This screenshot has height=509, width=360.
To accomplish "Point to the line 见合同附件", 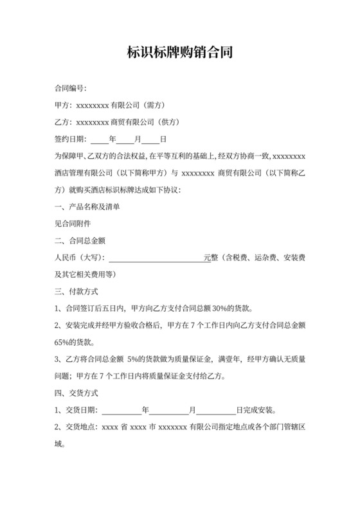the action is (73, 224).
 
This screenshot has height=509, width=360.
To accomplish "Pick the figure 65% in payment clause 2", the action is (65, 342).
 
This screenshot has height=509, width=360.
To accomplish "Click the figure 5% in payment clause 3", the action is (135, 359).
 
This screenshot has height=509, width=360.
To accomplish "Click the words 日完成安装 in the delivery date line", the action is (256, 409).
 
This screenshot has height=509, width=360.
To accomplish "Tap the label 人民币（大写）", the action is (80, 258).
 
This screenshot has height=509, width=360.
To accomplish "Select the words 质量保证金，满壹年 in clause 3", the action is (215, 359).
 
